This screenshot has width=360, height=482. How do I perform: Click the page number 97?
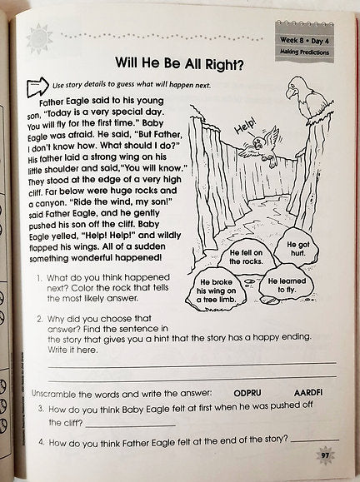(322, 455)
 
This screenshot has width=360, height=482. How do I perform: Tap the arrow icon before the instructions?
(36, 84)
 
